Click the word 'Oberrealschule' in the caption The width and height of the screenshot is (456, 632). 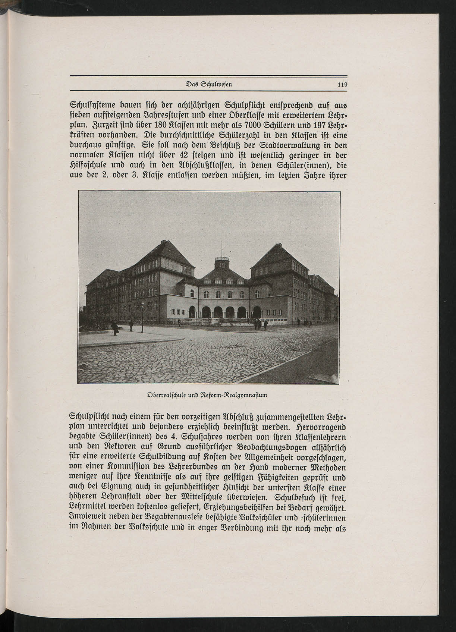click(x=168, y=395)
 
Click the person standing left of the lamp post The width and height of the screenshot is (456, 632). click(x=131, y=326)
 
